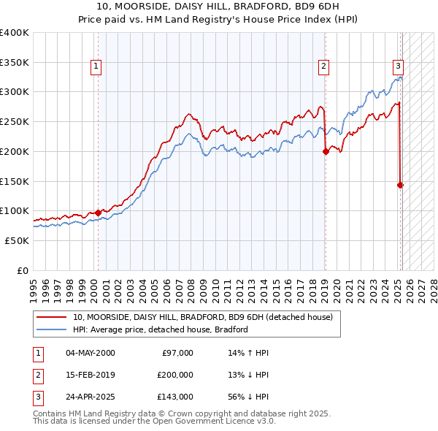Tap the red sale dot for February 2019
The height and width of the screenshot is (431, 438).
click(326, 152)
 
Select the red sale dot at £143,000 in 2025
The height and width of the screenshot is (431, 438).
click(400, 186)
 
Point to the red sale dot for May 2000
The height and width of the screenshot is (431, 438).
click(98, 213)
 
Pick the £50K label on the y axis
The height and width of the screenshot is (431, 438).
click(18, 240)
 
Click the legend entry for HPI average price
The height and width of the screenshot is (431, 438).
click(160, 329)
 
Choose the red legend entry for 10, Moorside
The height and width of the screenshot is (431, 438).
click(203, 317)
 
